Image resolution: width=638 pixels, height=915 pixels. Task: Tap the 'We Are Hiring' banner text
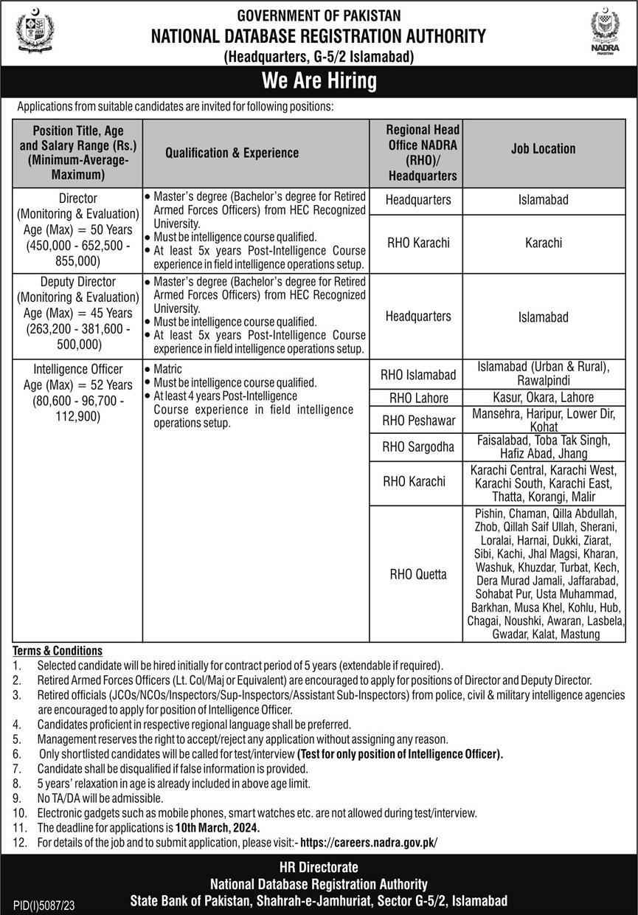pos(319,80)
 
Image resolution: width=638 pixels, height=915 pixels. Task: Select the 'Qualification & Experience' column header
pos(232,153)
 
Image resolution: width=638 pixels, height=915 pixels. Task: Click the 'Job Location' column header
pos(543,148)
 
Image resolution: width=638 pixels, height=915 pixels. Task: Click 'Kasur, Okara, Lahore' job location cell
pos(543,397)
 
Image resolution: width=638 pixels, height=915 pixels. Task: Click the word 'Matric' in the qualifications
pos(167,368)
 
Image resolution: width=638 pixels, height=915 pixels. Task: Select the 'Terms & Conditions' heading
pos(57,650)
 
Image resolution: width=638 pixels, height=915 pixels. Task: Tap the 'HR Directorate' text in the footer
pos(319,868)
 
